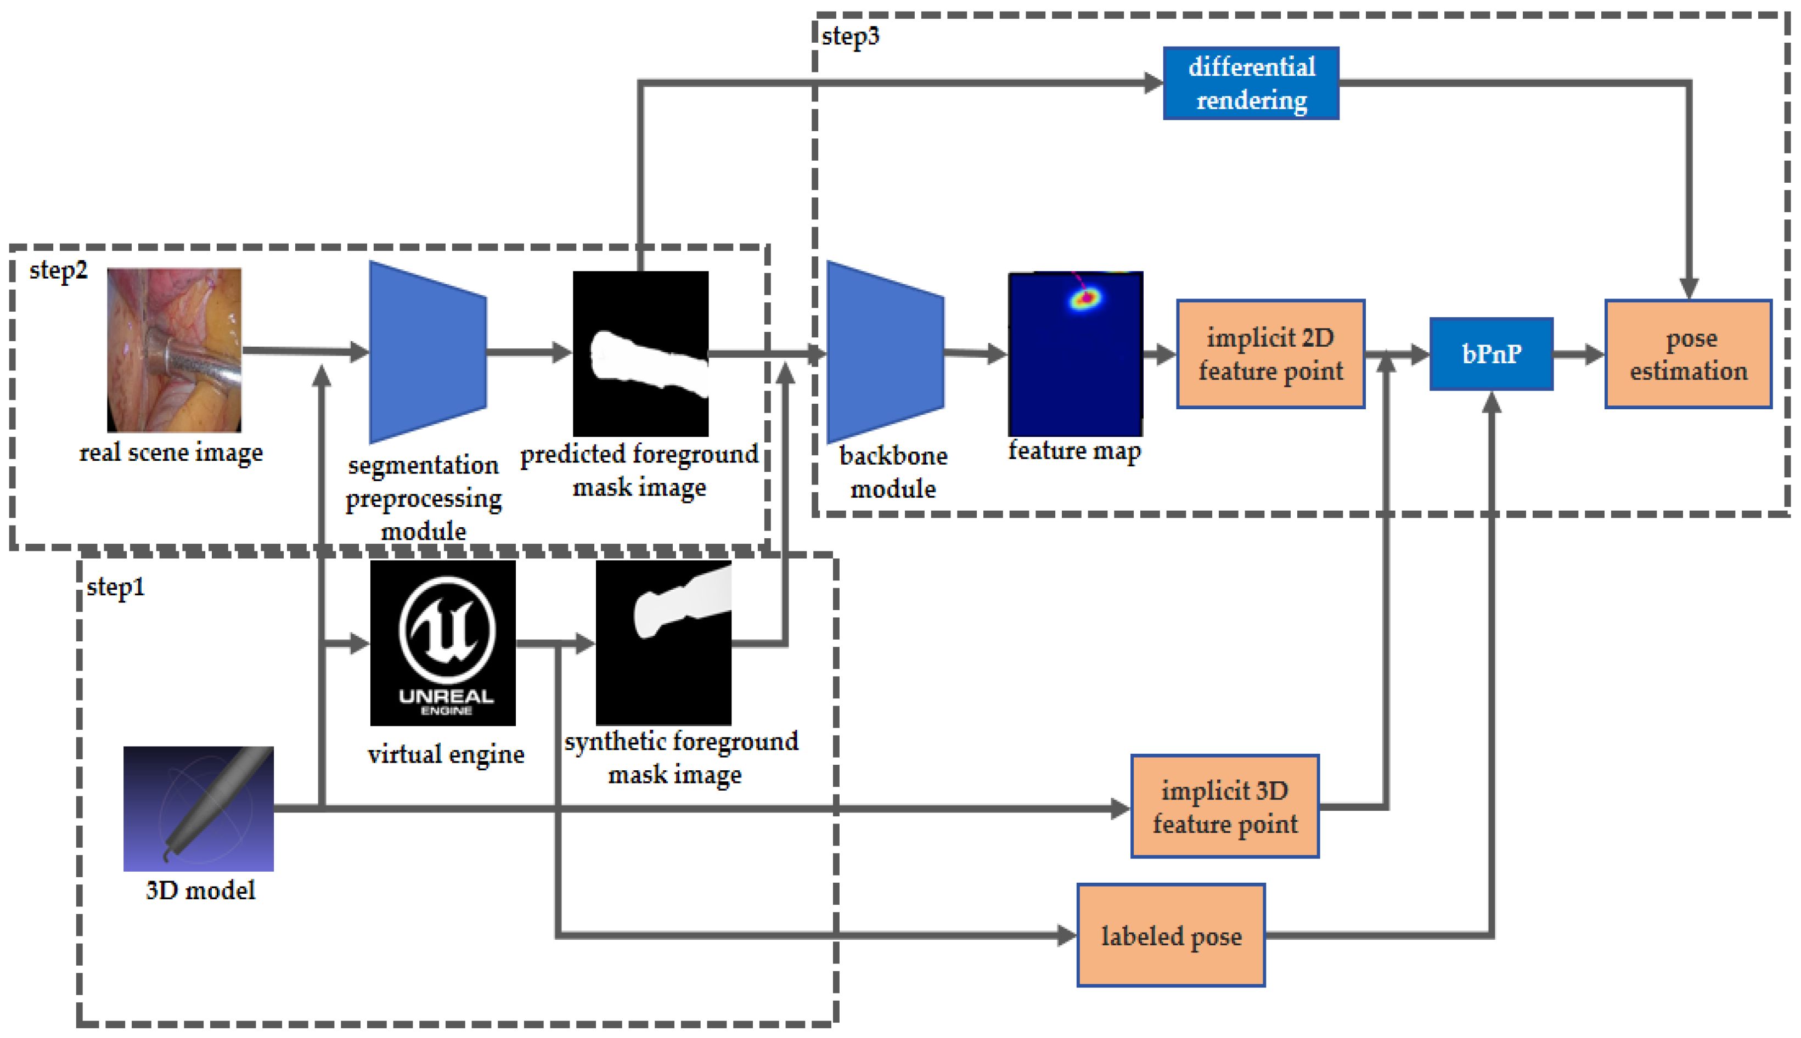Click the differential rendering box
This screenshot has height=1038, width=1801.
(1251, 83)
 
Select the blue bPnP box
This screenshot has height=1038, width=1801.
(1491, 354)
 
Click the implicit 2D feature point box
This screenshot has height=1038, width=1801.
(1270, 354)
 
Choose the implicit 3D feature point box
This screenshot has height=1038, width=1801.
(1224, 806)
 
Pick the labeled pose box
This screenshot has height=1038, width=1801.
(1170, 935)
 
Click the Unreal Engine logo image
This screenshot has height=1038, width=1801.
(443, 642)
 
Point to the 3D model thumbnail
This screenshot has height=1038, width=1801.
(198, 809)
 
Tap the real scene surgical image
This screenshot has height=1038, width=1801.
(174, 349)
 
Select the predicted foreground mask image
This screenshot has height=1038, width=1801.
(640, 354)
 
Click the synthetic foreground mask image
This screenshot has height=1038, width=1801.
(663, 642)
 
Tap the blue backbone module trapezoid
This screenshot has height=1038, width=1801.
(884, 352)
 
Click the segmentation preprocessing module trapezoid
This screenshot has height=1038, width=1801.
(426, 352)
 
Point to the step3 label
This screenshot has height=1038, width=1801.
(850, 36)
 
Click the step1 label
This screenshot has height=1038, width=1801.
(115, 586)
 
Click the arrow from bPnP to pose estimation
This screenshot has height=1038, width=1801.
(1577, 354)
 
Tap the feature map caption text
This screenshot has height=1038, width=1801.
(1074, 450)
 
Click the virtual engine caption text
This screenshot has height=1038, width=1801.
(446, 754)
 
